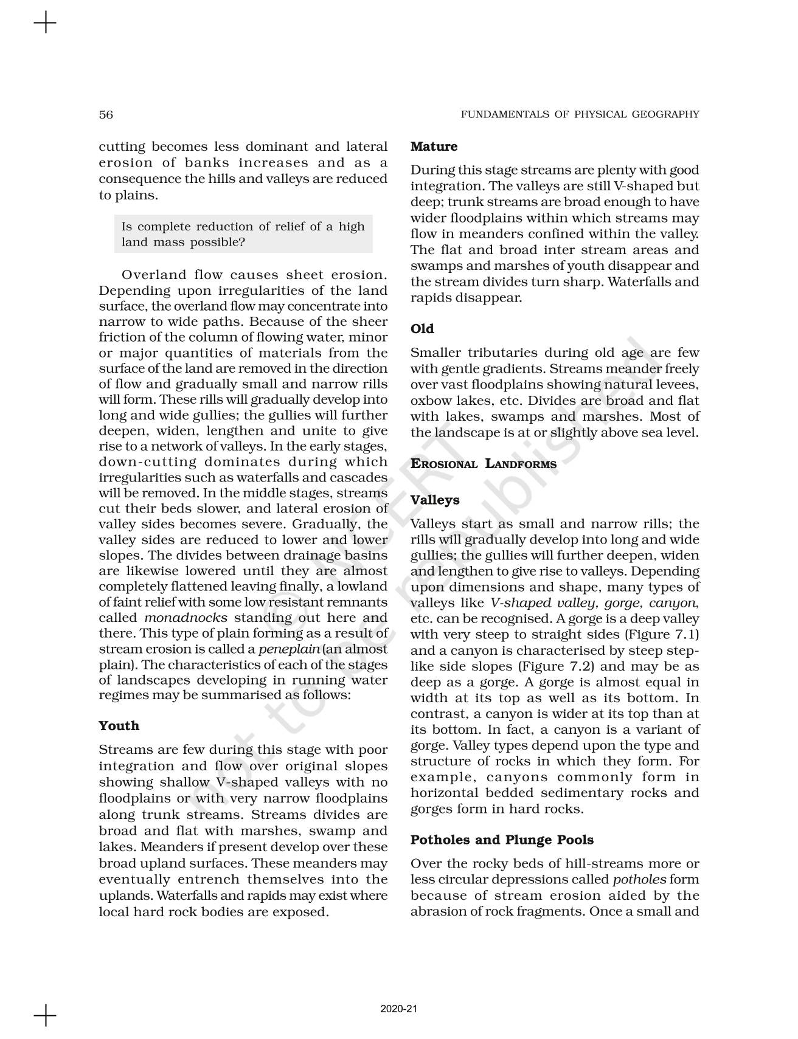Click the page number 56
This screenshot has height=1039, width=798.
pos(106,114)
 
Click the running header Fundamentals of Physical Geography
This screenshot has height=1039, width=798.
pos(580,114)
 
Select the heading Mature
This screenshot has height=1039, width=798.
pos(434,147)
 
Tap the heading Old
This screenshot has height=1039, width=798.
pos(422,329)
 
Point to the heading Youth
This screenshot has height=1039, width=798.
pos(119,726)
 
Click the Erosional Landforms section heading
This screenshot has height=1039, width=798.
pos(484,464)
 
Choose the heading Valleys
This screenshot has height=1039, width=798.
pos(435,500)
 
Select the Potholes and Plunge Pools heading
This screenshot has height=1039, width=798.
pos(502,840)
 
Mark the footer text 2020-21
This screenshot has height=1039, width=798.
pos(399,1009)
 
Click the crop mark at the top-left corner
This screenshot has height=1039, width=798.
pos(45,24)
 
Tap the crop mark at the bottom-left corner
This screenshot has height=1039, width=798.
pos(45,1015)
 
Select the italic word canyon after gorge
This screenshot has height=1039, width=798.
pos(671,603)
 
